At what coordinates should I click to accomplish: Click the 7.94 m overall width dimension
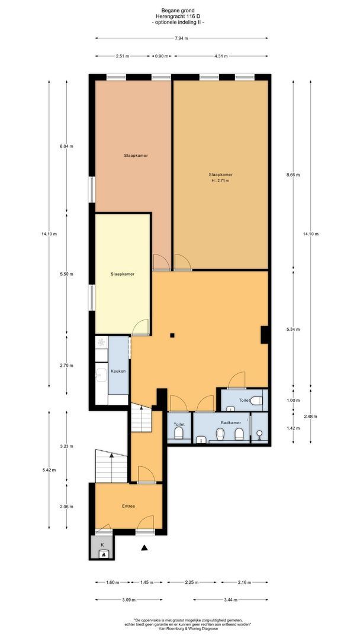pos(181,38)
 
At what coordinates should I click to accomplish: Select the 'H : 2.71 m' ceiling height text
pos(220,180)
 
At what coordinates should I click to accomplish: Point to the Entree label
pos(128,506)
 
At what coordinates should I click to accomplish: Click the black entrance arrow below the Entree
pos(144,548)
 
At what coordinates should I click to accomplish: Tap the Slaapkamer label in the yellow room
pos(122,274)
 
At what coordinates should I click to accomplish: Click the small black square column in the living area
pos(172,335)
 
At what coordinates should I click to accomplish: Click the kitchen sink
pos(101,373)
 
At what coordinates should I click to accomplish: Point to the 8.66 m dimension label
pos(293,175)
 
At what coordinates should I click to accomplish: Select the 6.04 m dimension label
pos(66,146)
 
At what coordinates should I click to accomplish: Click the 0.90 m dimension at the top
pos(160,57)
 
